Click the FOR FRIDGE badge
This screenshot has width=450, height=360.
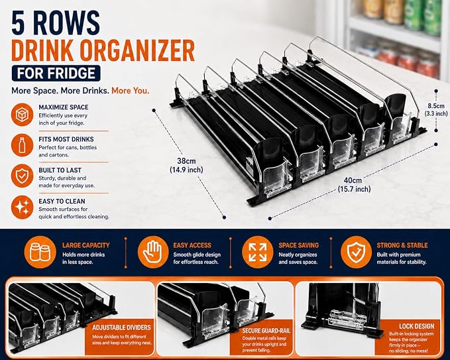coord(56,73)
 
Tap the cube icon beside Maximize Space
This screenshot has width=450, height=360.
coord(22,115)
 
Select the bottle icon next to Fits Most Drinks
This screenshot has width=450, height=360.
coord(22,145)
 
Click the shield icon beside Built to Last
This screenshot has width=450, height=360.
coord(22,176)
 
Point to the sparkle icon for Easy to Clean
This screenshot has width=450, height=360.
coord(22,207)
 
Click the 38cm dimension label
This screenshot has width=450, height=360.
coord(186,165)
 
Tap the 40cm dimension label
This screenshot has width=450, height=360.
coord(354,184)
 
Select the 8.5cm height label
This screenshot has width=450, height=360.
coord(436,109)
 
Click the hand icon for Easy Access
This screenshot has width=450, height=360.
coord(153,253)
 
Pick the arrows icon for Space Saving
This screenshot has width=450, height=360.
coord(257,253)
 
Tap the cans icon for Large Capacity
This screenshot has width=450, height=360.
coord(40,253)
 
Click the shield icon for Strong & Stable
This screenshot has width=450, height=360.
coord(356,253)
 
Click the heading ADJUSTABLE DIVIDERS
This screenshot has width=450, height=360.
coord(121,328)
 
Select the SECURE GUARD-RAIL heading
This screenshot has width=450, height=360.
coord(266,331)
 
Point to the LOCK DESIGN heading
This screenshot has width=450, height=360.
coord(416,326)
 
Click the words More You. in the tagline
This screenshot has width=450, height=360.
coord(131,91)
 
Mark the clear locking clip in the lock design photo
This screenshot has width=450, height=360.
coord(347,319)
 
